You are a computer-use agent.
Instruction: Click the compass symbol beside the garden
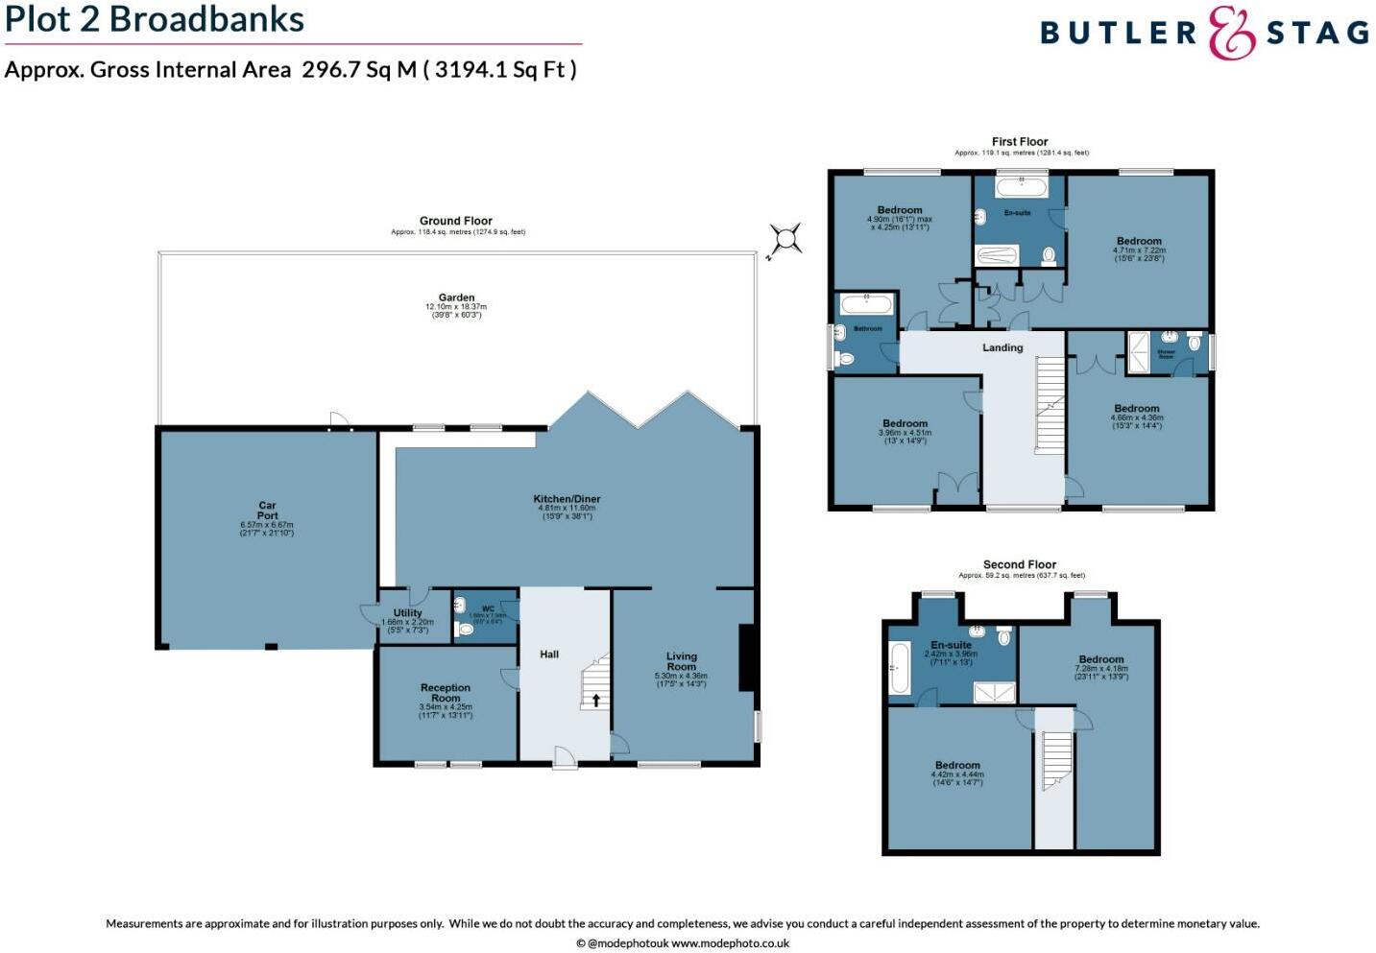pos(785,239)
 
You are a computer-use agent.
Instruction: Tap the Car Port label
pos(267,511)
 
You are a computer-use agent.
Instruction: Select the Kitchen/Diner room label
pos(567,499)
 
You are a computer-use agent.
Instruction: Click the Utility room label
pos(407,613)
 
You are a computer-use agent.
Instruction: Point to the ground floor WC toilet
pos(466,630)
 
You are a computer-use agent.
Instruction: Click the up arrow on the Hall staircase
pos(595,701)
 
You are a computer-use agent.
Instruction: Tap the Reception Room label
pos(446,693)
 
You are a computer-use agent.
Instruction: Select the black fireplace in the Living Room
pos(746,657)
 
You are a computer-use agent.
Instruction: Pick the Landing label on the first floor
pos(1002,347)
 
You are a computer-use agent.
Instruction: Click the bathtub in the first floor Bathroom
pos(867,305)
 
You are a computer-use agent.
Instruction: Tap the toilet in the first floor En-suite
pos(1049,255)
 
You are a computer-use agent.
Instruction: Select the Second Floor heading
pos(1020,564)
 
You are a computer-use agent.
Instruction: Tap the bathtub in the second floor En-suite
pos(899,668)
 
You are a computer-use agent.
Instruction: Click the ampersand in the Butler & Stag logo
pos(1231,34)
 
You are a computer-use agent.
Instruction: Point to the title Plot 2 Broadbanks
pos(155,19)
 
